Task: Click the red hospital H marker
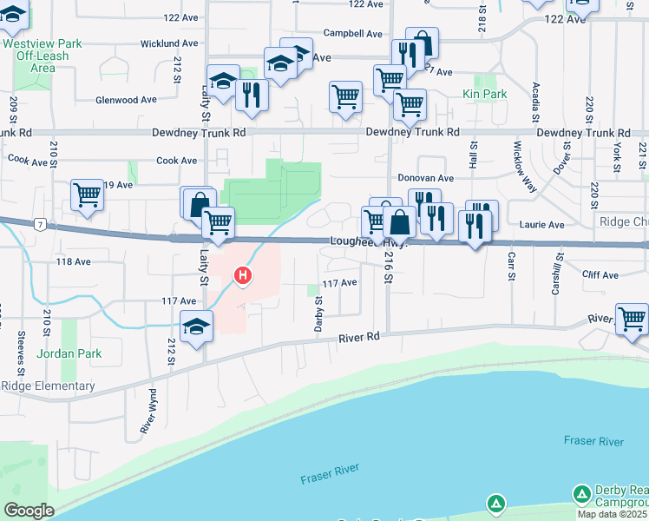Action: [244, 277]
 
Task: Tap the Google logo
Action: [29, 511]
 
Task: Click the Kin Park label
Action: [484, 94]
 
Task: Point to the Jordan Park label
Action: [69, 353]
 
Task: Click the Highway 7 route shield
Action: [41, 225]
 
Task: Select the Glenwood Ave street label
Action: [127, 100]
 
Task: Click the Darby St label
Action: [318, 313]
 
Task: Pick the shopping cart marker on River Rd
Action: [632, 319]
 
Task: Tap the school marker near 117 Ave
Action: [197, 326]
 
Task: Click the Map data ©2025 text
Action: [613, 514]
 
